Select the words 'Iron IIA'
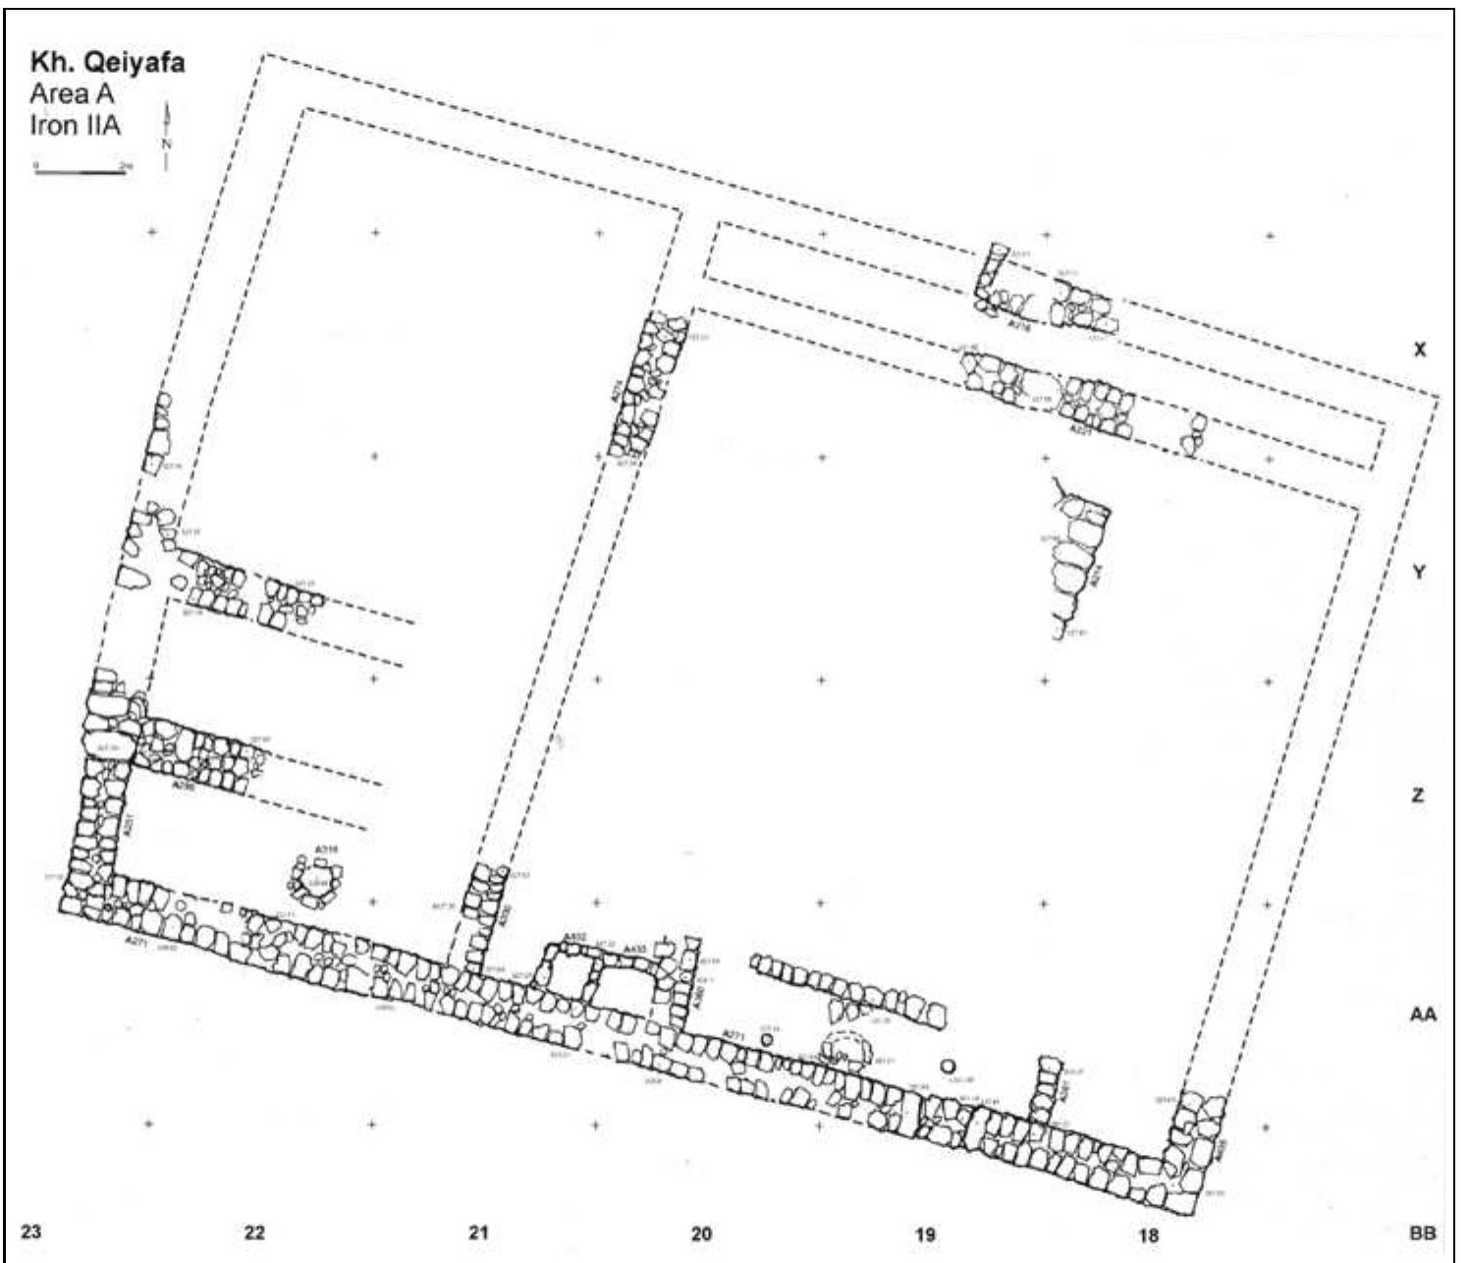click(x=75, y=126)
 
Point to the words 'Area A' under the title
click(x=72, y=95)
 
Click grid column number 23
click(x=31, y=1232)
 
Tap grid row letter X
click(x=1418, y=350)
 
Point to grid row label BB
click(x=1422, y=1232)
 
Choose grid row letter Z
click(x=1417, y=796)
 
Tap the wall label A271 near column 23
click(x=136, y=940)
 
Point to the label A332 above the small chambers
click(x=575, y=938)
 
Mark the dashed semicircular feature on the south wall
click(x=845, y=1048)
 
